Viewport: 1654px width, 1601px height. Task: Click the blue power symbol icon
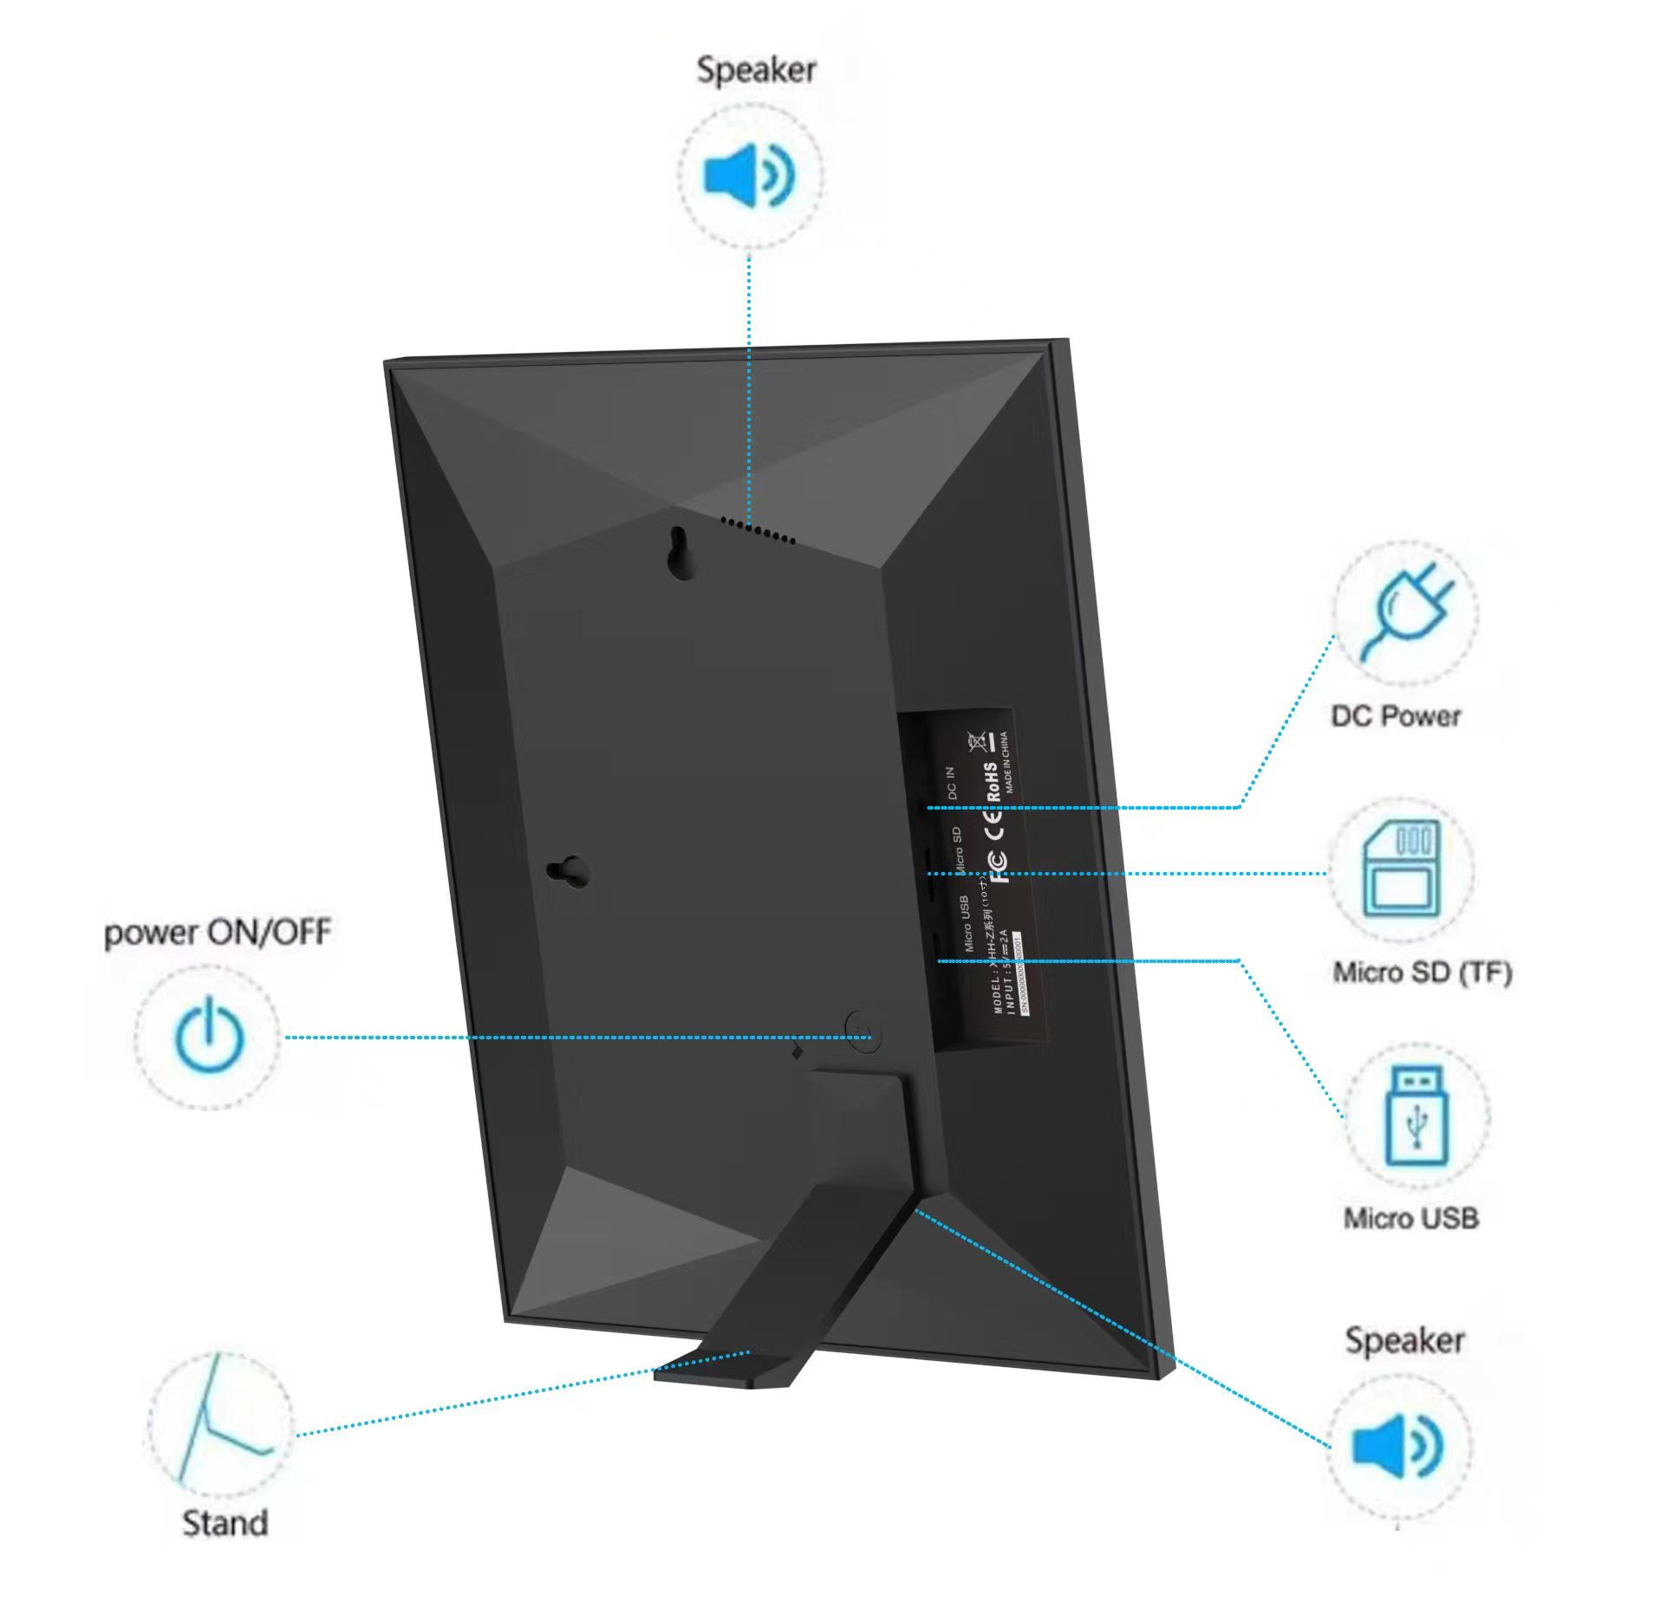[x=209, y=1037]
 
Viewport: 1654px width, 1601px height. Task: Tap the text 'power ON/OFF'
[x=217, y=933]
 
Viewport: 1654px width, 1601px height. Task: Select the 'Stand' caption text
[x=225, y=1523]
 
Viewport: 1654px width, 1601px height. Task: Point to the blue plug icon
[x=1405, y=611]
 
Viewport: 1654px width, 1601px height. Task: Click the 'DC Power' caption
[x=1396, y=716]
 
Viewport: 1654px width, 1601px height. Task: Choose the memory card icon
[x=1401, y=869]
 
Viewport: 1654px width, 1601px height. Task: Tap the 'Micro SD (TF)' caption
[x=1422, y=973]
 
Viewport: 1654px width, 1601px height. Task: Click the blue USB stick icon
[x=1416, y=1116]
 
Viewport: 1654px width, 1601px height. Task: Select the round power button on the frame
[x=863, y=1032]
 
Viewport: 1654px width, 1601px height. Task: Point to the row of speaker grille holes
[x=758, y=530]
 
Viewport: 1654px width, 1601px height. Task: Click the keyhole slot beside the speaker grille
[x=680, y=553]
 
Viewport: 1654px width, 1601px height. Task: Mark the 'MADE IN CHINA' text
[x=1006, y=763]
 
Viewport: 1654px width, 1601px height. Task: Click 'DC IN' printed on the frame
[x=951, y=783]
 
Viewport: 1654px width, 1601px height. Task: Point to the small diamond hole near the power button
[x=797, y=1051]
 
